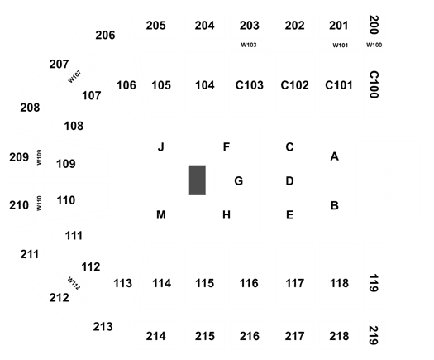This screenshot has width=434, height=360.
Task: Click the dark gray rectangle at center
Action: tap(198, 180)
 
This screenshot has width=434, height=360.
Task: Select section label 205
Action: tap(156, 26)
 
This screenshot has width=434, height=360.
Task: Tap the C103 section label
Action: tap(250, 85)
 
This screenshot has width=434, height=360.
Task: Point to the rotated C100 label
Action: tap(374, 84)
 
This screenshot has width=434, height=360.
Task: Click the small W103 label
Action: tap(249, 45)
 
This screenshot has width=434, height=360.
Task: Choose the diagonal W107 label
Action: tap(74, 76)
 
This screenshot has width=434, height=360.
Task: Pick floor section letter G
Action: tap(239, 181)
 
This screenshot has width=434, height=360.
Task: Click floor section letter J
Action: tap(161, 146)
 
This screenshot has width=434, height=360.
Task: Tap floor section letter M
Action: tap(161, 215)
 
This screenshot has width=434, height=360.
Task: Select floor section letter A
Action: tap(334, 156)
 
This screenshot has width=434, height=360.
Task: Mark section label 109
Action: tap(66, 164)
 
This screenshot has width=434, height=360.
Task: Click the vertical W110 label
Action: tap(39, 203)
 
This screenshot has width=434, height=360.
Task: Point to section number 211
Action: tap(30, 254)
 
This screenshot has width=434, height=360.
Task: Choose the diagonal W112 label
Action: tap(74, 283)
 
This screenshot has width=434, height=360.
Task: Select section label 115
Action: tap(204, 283)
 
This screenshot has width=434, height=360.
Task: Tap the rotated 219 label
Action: tap(374, 335)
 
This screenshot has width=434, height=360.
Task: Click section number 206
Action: tap(105, 36)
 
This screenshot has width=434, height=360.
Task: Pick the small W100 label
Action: tap(374, 45)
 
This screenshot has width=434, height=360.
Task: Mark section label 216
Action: tap(250, 336)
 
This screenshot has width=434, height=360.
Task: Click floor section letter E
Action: tap(289, 215)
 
